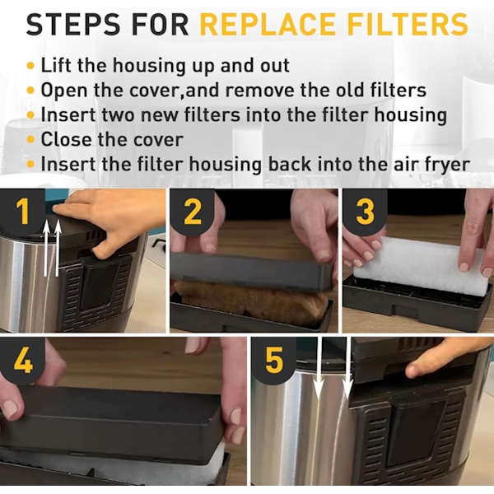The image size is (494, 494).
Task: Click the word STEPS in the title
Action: tap(73, 24)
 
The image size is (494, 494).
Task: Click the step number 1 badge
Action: tap(22, 212)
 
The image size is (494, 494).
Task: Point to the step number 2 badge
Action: tap(192, 212)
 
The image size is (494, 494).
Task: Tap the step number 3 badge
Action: tap(365, 212)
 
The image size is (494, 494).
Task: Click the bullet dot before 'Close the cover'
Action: tap(30, 139)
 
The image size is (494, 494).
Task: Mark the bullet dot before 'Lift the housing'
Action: tap(30, 66)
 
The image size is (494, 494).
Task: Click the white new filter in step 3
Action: tap(422, 266)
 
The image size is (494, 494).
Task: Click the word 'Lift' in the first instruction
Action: tap(56, 66)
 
